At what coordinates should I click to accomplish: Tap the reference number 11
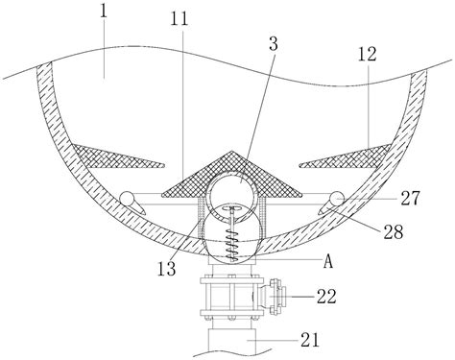tap(180, 19)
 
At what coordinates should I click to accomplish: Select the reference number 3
tap(274, 44)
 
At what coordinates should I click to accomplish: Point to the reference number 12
tap(367, 54)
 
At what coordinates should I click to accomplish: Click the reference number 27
tap(410, 199)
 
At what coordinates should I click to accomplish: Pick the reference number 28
tap(394, 232)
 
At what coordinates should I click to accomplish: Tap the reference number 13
tap(166, 269)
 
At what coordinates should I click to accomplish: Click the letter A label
tap(328, 262)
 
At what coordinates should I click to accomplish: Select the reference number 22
tap(326, 297)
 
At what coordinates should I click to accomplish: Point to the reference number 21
tap(310, 340)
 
